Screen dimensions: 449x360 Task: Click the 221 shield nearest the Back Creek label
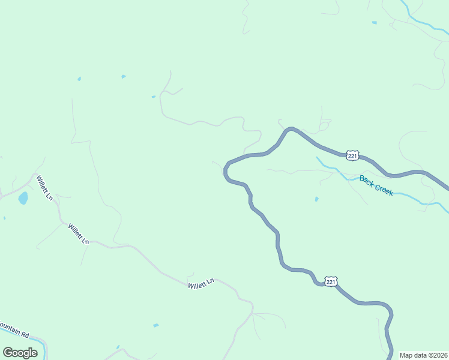pos(352,155)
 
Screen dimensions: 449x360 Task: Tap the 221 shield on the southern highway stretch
pos(331,281)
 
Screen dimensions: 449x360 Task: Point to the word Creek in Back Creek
pos(384,190)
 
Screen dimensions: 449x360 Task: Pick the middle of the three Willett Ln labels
pos(78,233)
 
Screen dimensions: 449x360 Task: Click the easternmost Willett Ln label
pos(201,283)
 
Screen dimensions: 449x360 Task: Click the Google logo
pos(20,352)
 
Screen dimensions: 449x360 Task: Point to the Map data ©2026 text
pos(423,355)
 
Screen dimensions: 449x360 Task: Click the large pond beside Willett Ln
pos(23,199)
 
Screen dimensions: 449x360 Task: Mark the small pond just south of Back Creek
pos(316,199)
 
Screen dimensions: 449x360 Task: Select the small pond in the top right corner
pos(375,23)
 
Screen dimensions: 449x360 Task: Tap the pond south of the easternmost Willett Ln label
pos(156,325)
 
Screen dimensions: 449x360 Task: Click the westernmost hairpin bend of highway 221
pos(225,171)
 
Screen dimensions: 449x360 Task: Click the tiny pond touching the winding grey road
pos(154,97)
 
